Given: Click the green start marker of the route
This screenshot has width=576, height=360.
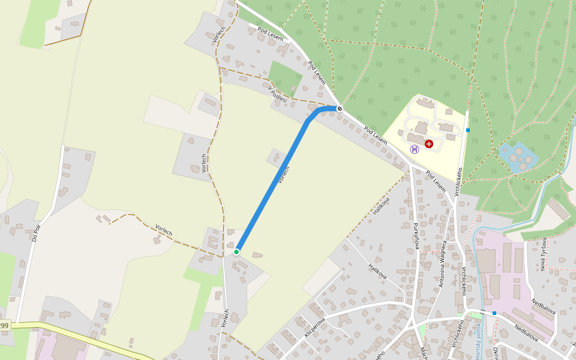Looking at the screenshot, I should (236, 251).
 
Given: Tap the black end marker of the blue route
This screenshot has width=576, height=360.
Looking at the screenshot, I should (340, 109).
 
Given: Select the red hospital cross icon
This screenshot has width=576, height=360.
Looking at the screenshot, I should (428, 144).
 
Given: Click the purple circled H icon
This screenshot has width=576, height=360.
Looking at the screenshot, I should (414, 149).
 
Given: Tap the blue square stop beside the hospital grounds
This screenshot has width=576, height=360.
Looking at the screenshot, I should (468, 130).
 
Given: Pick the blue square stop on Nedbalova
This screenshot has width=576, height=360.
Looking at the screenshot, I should (494, 313).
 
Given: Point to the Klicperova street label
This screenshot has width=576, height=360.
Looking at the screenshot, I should (315, 323).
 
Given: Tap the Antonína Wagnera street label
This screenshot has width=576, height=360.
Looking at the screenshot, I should (442, 262).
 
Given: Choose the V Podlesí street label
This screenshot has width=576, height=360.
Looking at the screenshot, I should (278, 95).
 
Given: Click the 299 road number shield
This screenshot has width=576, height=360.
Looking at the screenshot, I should (4, 326).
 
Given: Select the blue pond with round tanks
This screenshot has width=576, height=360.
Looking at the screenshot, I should (517, 157).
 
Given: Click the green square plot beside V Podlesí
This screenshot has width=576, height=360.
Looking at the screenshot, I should (284, 76).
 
